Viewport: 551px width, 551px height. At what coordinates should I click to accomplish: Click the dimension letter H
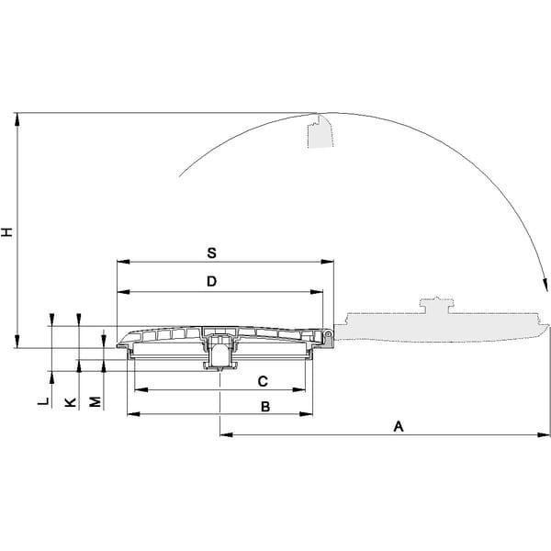pos(6,232)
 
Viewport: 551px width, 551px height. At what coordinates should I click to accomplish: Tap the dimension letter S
pos(211,253)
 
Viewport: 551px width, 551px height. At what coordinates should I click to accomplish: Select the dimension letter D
pos(211,282)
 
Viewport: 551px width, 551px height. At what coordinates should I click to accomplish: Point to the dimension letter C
pos(263,381)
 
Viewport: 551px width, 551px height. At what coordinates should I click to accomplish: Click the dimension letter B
pos(265,407)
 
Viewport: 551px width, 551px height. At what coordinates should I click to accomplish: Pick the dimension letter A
pos(399,426)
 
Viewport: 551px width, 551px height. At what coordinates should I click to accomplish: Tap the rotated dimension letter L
pos(43,401)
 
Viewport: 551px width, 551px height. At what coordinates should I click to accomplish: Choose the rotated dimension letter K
pos(71,402)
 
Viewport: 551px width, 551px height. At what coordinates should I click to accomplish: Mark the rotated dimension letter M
pos(96,401)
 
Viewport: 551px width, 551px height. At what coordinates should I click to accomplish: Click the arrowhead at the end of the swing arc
pos(545,284)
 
